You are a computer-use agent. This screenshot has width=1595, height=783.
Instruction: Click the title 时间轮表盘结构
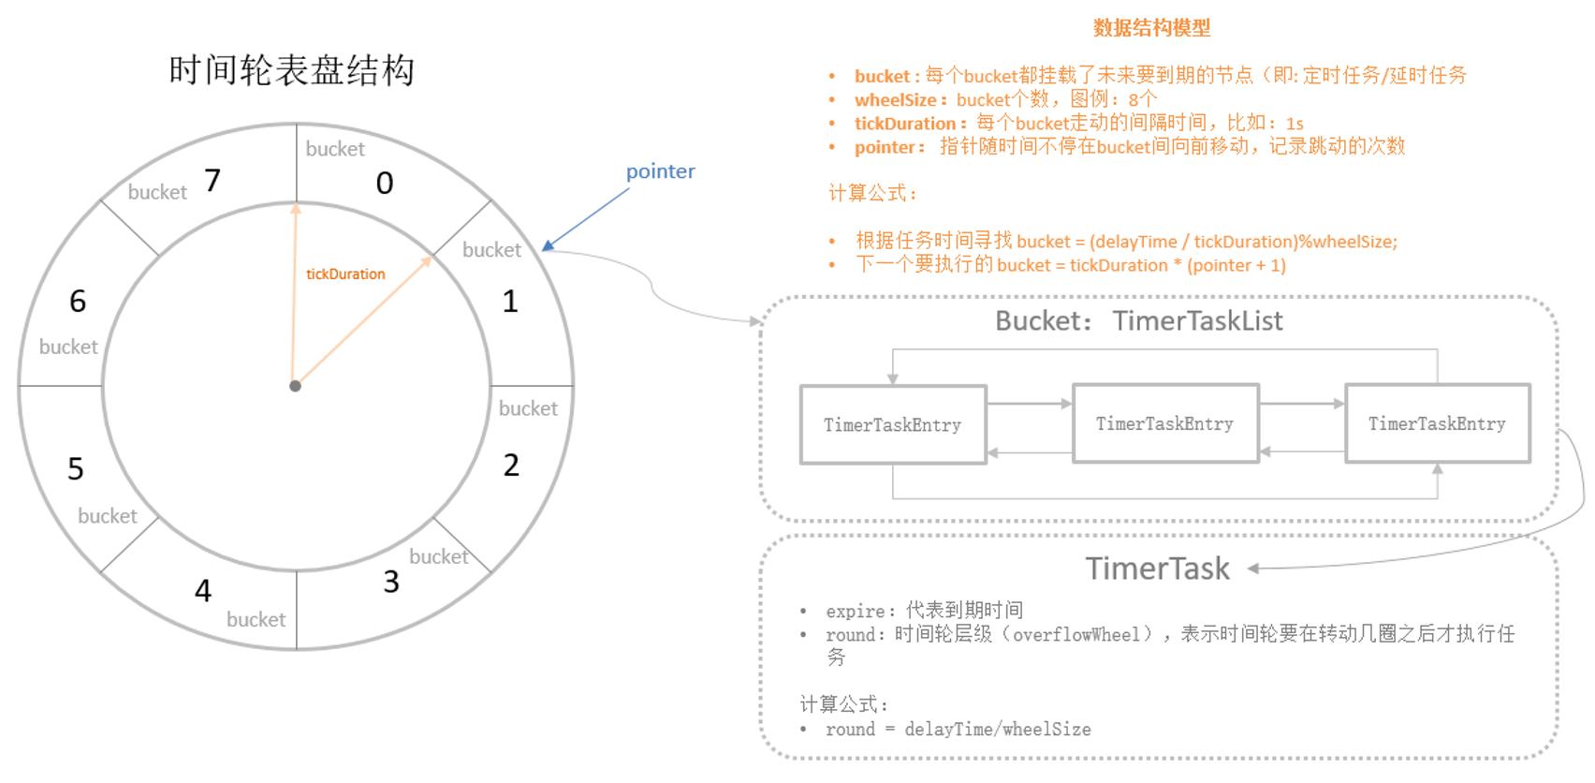(x=291, y=70)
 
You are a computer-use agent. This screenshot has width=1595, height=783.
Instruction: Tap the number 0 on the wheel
(x=385, y=184)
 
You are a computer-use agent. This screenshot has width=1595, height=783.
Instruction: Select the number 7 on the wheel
(x=212, y=180)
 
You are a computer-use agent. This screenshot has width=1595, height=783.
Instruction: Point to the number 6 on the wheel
(x=78, y=302)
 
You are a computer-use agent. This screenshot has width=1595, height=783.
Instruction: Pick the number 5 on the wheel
(x=76, y=468)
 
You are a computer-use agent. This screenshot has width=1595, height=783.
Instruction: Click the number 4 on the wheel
(x=203, y=591)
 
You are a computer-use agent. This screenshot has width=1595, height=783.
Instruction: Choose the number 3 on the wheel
(x=391, y=582)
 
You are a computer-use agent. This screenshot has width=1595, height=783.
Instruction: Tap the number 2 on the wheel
(x=511, y=465)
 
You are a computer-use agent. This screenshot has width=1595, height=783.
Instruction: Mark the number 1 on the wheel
(x=510, y=302)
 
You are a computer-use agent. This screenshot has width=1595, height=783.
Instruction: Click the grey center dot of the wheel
(x=295, y=386)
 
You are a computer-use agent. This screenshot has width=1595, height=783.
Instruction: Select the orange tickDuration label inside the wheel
(x=345, y=274)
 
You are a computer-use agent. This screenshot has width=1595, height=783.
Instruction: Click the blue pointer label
(x=660, y=171)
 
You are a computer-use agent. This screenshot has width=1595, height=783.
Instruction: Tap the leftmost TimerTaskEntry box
(x=892, y=425)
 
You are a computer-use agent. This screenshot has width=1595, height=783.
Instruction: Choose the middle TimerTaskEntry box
(x=1164, y=424)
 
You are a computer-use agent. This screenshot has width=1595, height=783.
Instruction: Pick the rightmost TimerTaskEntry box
(x=1437, y=424)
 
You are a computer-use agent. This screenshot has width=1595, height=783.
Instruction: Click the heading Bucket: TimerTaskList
(x=1138, y=321)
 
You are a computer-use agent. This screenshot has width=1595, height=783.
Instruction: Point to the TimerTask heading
(x=1158, y=569)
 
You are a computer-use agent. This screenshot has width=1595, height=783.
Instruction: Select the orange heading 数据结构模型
(x=1151, y=28)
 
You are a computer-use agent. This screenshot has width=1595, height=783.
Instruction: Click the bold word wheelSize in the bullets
(x=895, y=100)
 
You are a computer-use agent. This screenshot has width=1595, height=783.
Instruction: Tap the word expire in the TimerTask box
(x=855, y=612)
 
